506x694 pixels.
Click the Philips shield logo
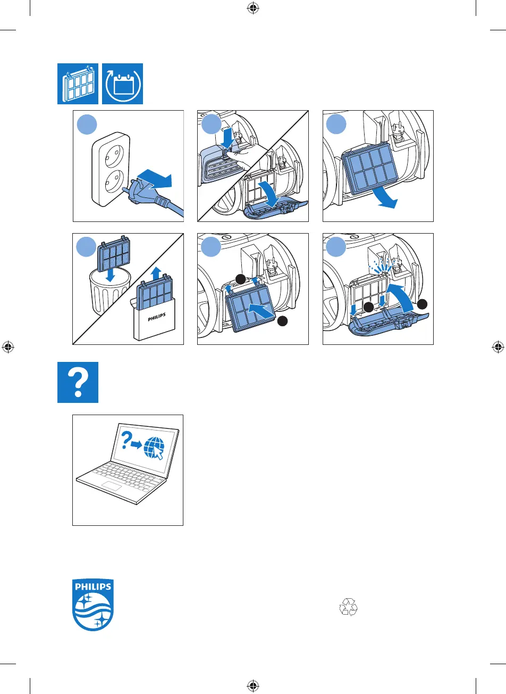[x=93, y=605]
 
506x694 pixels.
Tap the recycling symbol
[x=349, y=607]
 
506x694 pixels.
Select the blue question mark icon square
[x=78, y=382]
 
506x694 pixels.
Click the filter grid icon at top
[x=78, y=84]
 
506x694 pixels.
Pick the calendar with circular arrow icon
[x=123, y=84]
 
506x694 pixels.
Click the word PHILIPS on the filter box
[x=156, y=316]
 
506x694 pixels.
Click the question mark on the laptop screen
[x=126, y=441]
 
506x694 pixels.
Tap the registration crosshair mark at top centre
[x=253, y=8]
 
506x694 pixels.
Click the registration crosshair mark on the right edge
[x=497, y=347]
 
